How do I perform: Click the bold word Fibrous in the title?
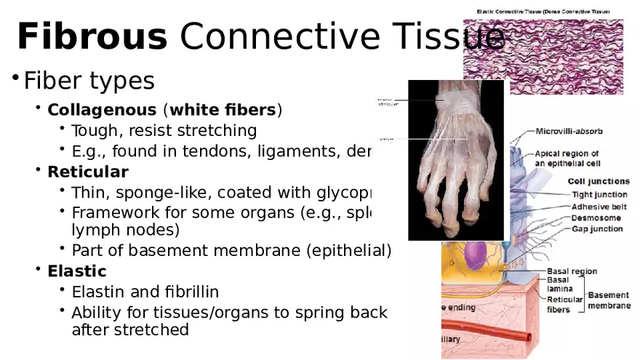pyautogui.click(x=92, y=36)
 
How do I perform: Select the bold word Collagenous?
pyautogui.click(x=102, y=111)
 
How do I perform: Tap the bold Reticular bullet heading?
pyautogui.click(x=87, y=172)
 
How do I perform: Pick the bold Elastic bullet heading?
pyautogui.click(x=76, y=271)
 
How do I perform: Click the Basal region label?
pyautogui.click(x=572, y=271)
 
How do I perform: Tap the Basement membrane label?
pyautogui.click(x=609, y=300)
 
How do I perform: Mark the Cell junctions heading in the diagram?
pyautogui.click(x=599, y=181)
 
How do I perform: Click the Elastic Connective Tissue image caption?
pyautogui.click(x=543, y=12)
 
